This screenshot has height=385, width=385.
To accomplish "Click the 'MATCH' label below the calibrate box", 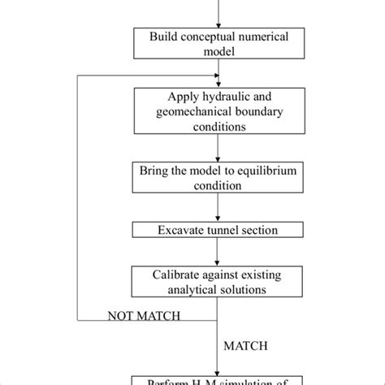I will [x=244, y=345].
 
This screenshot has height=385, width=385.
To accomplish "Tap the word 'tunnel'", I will [x=220, y=231].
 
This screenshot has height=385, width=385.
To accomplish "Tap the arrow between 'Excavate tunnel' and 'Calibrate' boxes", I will [x=217, y=252].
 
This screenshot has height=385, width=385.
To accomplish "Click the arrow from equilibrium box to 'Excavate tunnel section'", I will [x=217, y=207].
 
